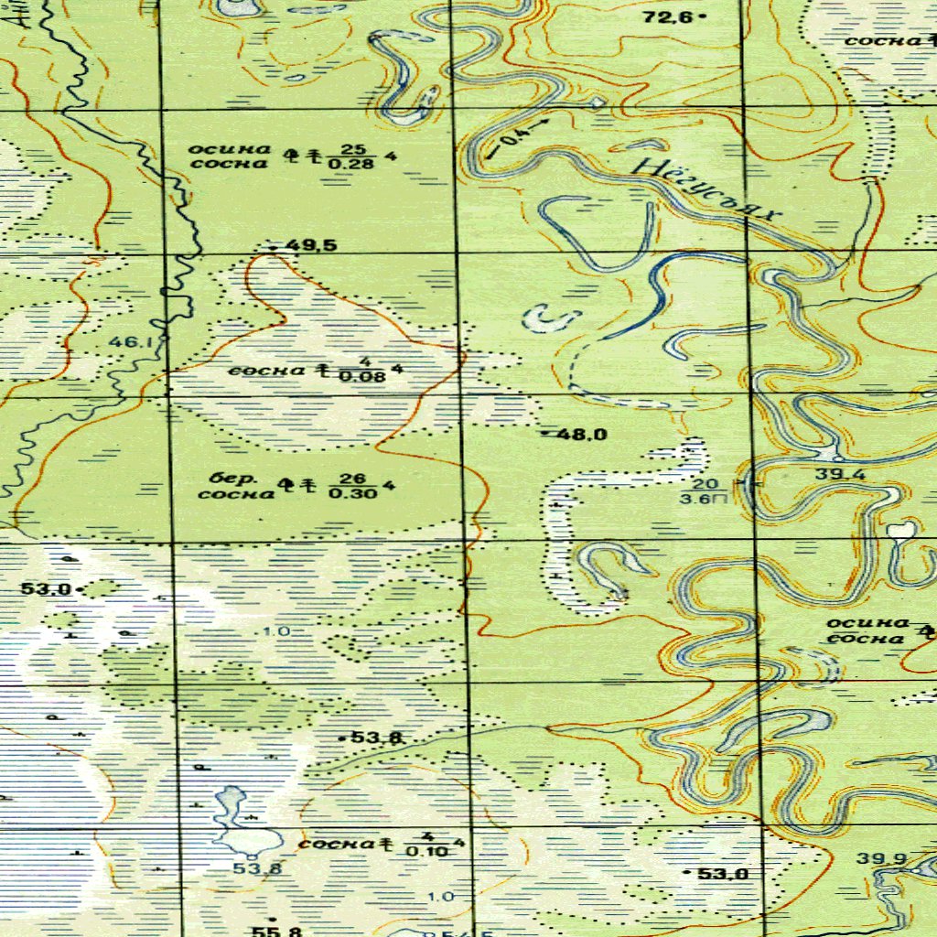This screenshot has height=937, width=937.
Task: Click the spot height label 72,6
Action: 670,16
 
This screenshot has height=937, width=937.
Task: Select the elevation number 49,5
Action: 311,245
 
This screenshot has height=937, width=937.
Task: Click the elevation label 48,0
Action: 582,435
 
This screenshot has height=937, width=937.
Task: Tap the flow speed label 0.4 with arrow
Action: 518,135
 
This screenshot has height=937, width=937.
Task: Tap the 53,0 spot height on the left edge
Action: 46,589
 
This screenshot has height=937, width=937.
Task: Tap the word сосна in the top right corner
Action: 882,40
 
